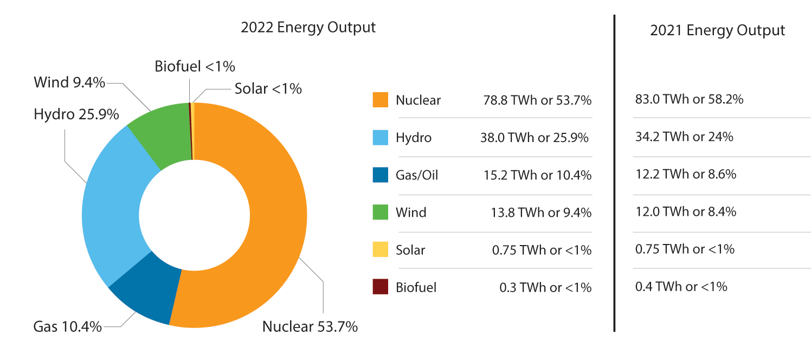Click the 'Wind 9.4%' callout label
pos(69,82)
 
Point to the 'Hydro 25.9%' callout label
pos(76,115)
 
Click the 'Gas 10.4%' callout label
pos(68,327)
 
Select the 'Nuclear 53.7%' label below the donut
pos(310,327)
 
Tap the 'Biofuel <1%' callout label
pos(195,67)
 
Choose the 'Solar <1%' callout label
pos(268,88)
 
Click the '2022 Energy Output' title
pos(308,28)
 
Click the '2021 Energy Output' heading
pos(717,30)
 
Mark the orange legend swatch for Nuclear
pos(380,100)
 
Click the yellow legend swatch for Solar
pos(380,250)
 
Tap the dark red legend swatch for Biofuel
pos(380,287)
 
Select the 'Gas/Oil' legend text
pos(416,175)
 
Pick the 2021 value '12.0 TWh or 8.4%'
pos(685,211)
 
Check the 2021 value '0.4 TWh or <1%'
pos(681,286)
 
